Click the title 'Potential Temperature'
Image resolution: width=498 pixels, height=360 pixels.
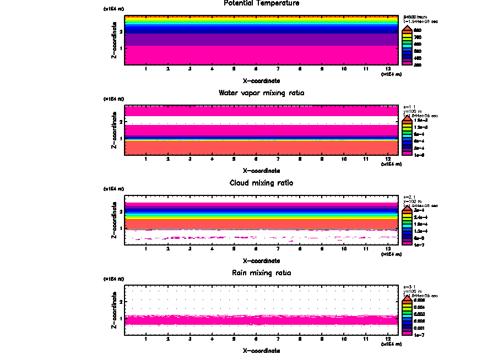[261, 3]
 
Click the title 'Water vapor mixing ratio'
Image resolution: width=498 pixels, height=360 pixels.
[261, 92]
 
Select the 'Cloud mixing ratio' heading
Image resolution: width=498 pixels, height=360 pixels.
[261, 183]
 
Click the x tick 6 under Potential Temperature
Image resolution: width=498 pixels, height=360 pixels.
[256, 69]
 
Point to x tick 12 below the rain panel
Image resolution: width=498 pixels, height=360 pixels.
[388, 339]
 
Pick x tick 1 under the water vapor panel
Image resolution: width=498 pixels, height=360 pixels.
[145, 159]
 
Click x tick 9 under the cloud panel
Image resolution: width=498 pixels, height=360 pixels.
[322, 249]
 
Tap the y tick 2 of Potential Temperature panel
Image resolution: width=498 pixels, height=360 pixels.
[121, 31]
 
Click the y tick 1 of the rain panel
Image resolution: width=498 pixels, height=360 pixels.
[121, 318]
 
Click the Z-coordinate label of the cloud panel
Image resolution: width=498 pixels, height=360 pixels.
[113, 221]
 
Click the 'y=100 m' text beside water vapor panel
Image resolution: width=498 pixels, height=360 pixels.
[413, 111]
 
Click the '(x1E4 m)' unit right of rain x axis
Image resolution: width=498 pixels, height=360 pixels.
[391, 344]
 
